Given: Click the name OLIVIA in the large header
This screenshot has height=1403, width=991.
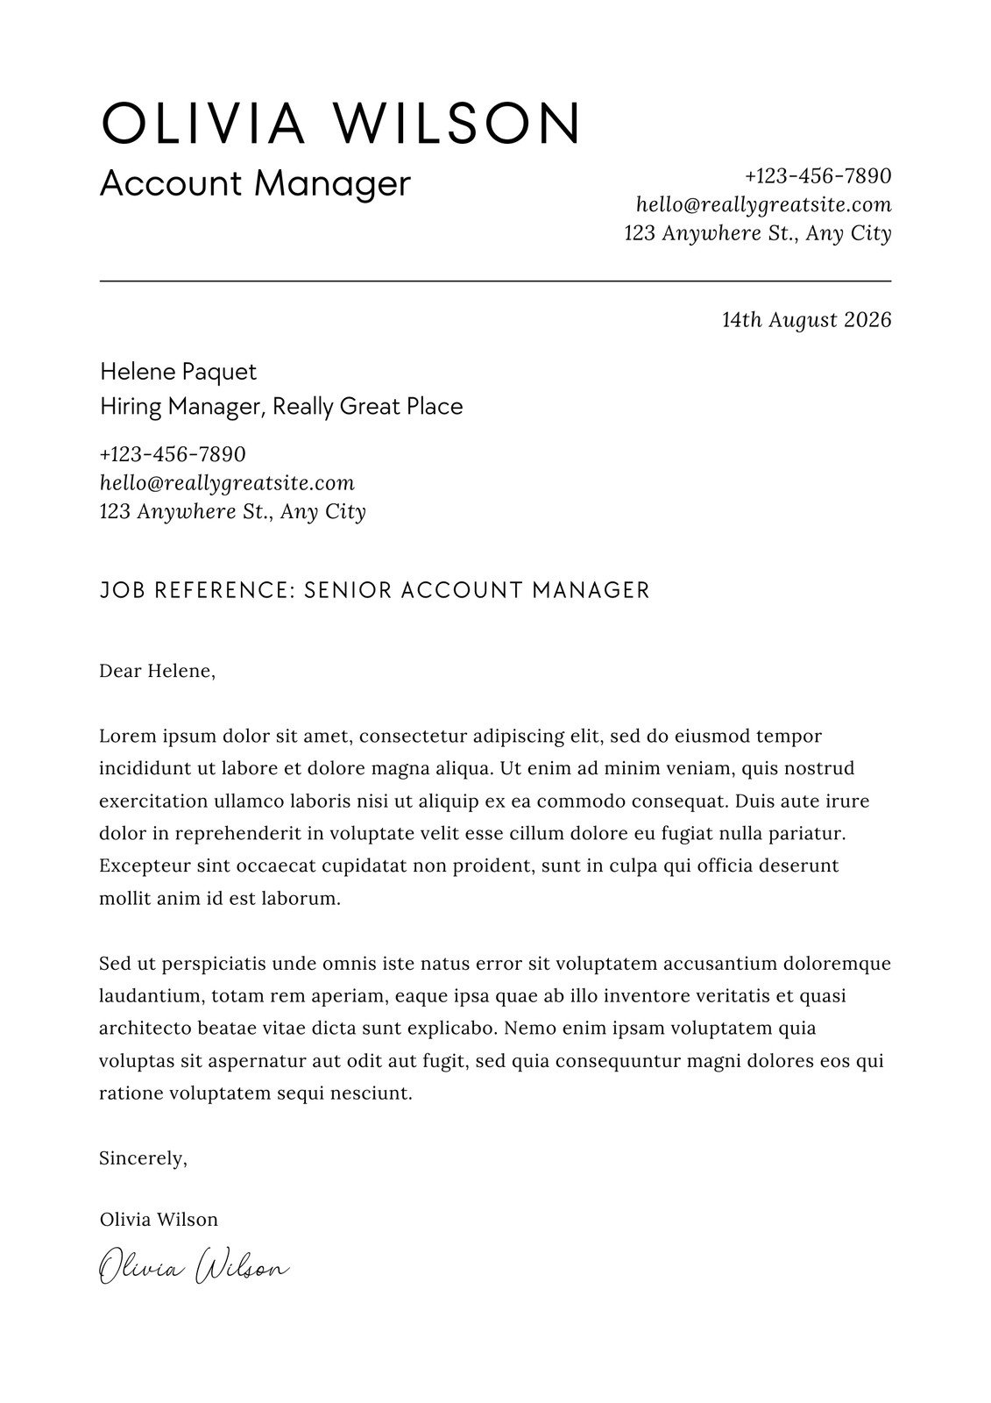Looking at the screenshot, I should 202,123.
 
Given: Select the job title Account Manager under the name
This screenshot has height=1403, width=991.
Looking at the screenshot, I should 255,183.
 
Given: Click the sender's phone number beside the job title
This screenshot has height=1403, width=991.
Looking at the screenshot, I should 818,176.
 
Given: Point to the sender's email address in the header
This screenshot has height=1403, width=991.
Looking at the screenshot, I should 763,205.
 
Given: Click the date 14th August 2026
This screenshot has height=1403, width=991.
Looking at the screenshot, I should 806,320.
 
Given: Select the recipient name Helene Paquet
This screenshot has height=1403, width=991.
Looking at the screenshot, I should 178,372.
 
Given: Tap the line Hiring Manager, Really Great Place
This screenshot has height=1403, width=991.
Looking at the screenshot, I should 280,407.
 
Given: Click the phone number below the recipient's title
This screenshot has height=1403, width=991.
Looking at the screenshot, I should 173,455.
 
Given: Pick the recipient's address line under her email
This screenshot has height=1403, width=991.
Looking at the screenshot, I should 232,511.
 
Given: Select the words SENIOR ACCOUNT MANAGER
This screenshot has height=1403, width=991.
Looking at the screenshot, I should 477,590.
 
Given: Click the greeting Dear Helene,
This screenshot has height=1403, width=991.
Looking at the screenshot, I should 157,672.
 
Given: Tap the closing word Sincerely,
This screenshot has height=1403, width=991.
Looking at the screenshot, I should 143,1158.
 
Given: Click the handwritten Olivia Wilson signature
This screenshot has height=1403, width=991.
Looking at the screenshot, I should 194,1268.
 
